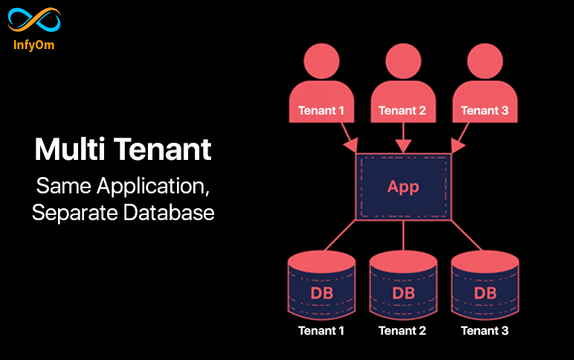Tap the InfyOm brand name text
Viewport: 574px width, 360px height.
coord(33,45)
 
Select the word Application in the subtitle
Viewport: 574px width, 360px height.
coord(152,187)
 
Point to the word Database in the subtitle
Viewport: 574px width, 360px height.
coord(169,213)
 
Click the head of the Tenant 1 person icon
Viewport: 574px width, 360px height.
coord(321,61)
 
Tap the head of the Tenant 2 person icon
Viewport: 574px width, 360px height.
coord(403,61)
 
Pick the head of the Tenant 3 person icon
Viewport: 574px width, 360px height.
coord(485,61)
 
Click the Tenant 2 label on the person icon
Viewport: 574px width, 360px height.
coord(402,111)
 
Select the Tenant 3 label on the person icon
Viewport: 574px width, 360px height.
coord(485,111)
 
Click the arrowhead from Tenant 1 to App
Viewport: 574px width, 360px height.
coord(351,145)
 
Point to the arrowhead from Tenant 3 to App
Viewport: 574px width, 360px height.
coord(457,145)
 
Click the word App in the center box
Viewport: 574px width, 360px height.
coord(403,187)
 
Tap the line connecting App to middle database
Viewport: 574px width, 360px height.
coord(404,236)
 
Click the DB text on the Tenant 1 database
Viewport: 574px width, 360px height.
coord(322,293)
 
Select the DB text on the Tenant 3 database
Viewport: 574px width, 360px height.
coord(486,293)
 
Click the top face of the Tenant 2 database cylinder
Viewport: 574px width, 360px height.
coord(404,261)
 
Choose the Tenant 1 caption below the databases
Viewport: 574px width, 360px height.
coord(321,331)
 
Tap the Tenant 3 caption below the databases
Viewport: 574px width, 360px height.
coord(485,331)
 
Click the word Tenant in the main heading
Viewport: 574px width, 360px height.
coord(163,149)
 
